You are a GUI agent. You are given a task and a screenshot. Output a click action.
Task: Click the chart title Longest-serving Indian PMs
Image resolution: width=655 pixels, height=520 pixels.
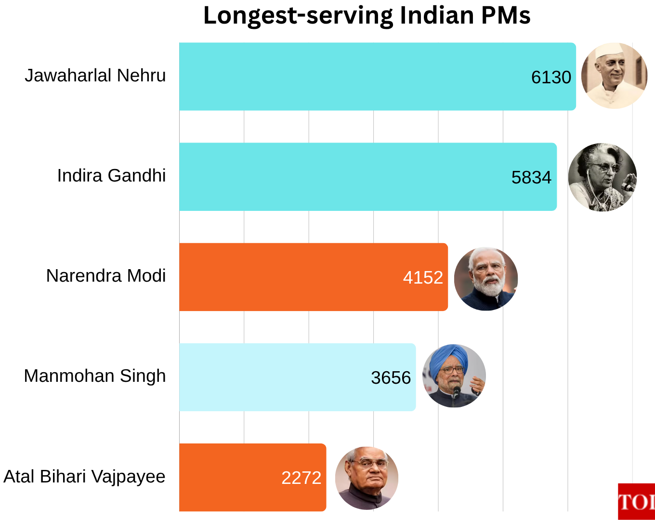(x=367, y=15)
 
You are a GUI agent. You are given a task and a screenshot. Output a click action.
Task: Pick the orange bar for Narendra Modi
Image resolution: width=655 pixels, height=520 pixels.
(x=289, y=277)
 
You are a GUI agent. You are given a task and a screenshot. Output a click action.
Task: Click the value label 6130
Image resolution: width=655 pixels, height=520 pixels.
(x=551, y=77)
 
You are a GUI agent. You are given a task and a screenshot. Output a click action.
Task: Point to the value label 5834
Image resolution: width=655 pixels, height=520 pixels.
(x=531, y=177)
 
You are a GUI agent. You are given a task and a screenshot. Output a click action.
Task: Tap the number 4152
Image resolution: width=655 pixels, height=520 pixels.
(x=423, y=277)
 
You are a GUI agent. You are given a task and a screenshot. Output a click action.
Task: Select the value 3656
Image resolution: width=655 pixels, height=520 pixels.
(x=391, y=377)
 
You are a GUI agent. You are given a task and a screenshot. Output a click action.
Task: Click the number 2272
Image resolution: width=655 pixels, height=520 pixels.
(x=301, y=478)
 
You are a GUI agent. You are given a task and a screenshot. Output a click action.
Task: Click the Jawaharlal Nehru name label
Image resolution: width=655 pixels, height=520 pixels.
(x=95, y=76)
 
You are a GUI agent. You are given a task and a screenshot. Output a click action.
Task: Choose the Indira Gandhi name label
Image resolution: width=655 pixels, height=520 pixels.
(x=111, y=176)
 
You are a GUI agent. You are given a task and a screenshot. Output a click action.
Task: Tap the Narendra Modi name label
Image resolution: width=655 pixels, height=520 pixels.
(x=106, y=276)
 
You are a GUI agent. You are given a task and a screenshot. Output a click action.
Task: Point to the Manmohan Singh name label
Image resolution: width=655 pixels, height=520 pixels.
(x=95, y=376)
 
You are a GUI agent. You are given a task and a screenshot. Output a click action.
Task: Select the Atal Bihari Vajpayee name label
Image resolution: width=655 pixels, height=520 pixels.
(x=84, y=476)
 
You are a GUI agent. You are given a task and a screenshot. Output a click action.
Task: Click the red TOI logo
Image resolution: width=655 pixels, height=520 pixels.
(x=636, y=501)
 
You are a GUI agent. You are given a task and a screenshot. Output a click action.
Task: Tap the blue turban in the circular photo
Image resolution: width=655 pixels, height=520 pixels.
(x=448, y=359)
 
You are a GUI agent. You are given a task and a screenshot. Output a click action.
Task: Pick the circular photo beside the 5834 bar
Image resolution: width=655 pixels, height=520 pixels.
(x=602, y=177)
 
